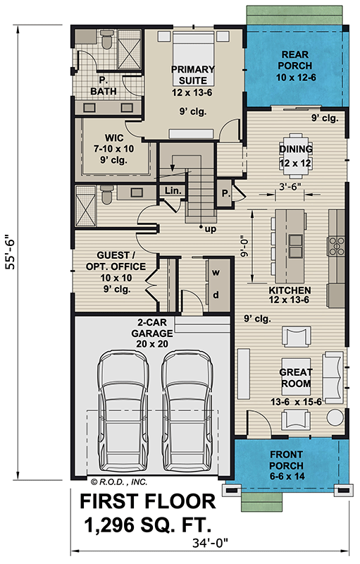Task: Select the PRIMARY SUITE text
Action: (193, 75)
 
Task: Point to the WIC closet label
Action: (114, 137)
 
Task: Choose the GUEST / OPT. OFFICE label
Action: (116, 261)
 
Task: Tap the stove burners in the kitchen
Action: (337, 245)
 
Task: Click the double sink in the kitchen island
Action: (296, 246)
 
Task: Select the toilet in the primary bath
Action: (106, 40)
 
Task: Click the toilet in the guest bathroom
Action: (106, 195)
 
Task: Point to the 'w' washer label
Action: (216, 272)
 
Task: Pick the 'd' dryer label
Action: (216, 295)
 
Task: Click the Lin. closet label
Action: (173, 190)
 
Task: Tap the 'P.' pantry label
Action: (225, 193)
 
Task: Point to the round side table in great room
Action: (335, 417)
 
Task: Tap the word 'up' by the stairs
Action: (211, 229)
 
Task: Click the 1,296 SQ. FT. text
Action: (147, 525)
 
